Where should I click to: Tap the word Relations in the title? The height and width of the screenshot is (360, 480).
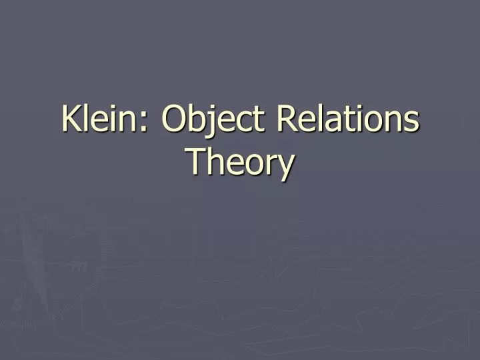[347, 120]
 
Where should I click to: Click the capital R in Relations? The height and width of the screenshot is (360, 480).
[285, 120]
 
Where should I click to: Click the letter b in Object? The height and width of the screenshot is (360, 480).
[199, 120]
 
